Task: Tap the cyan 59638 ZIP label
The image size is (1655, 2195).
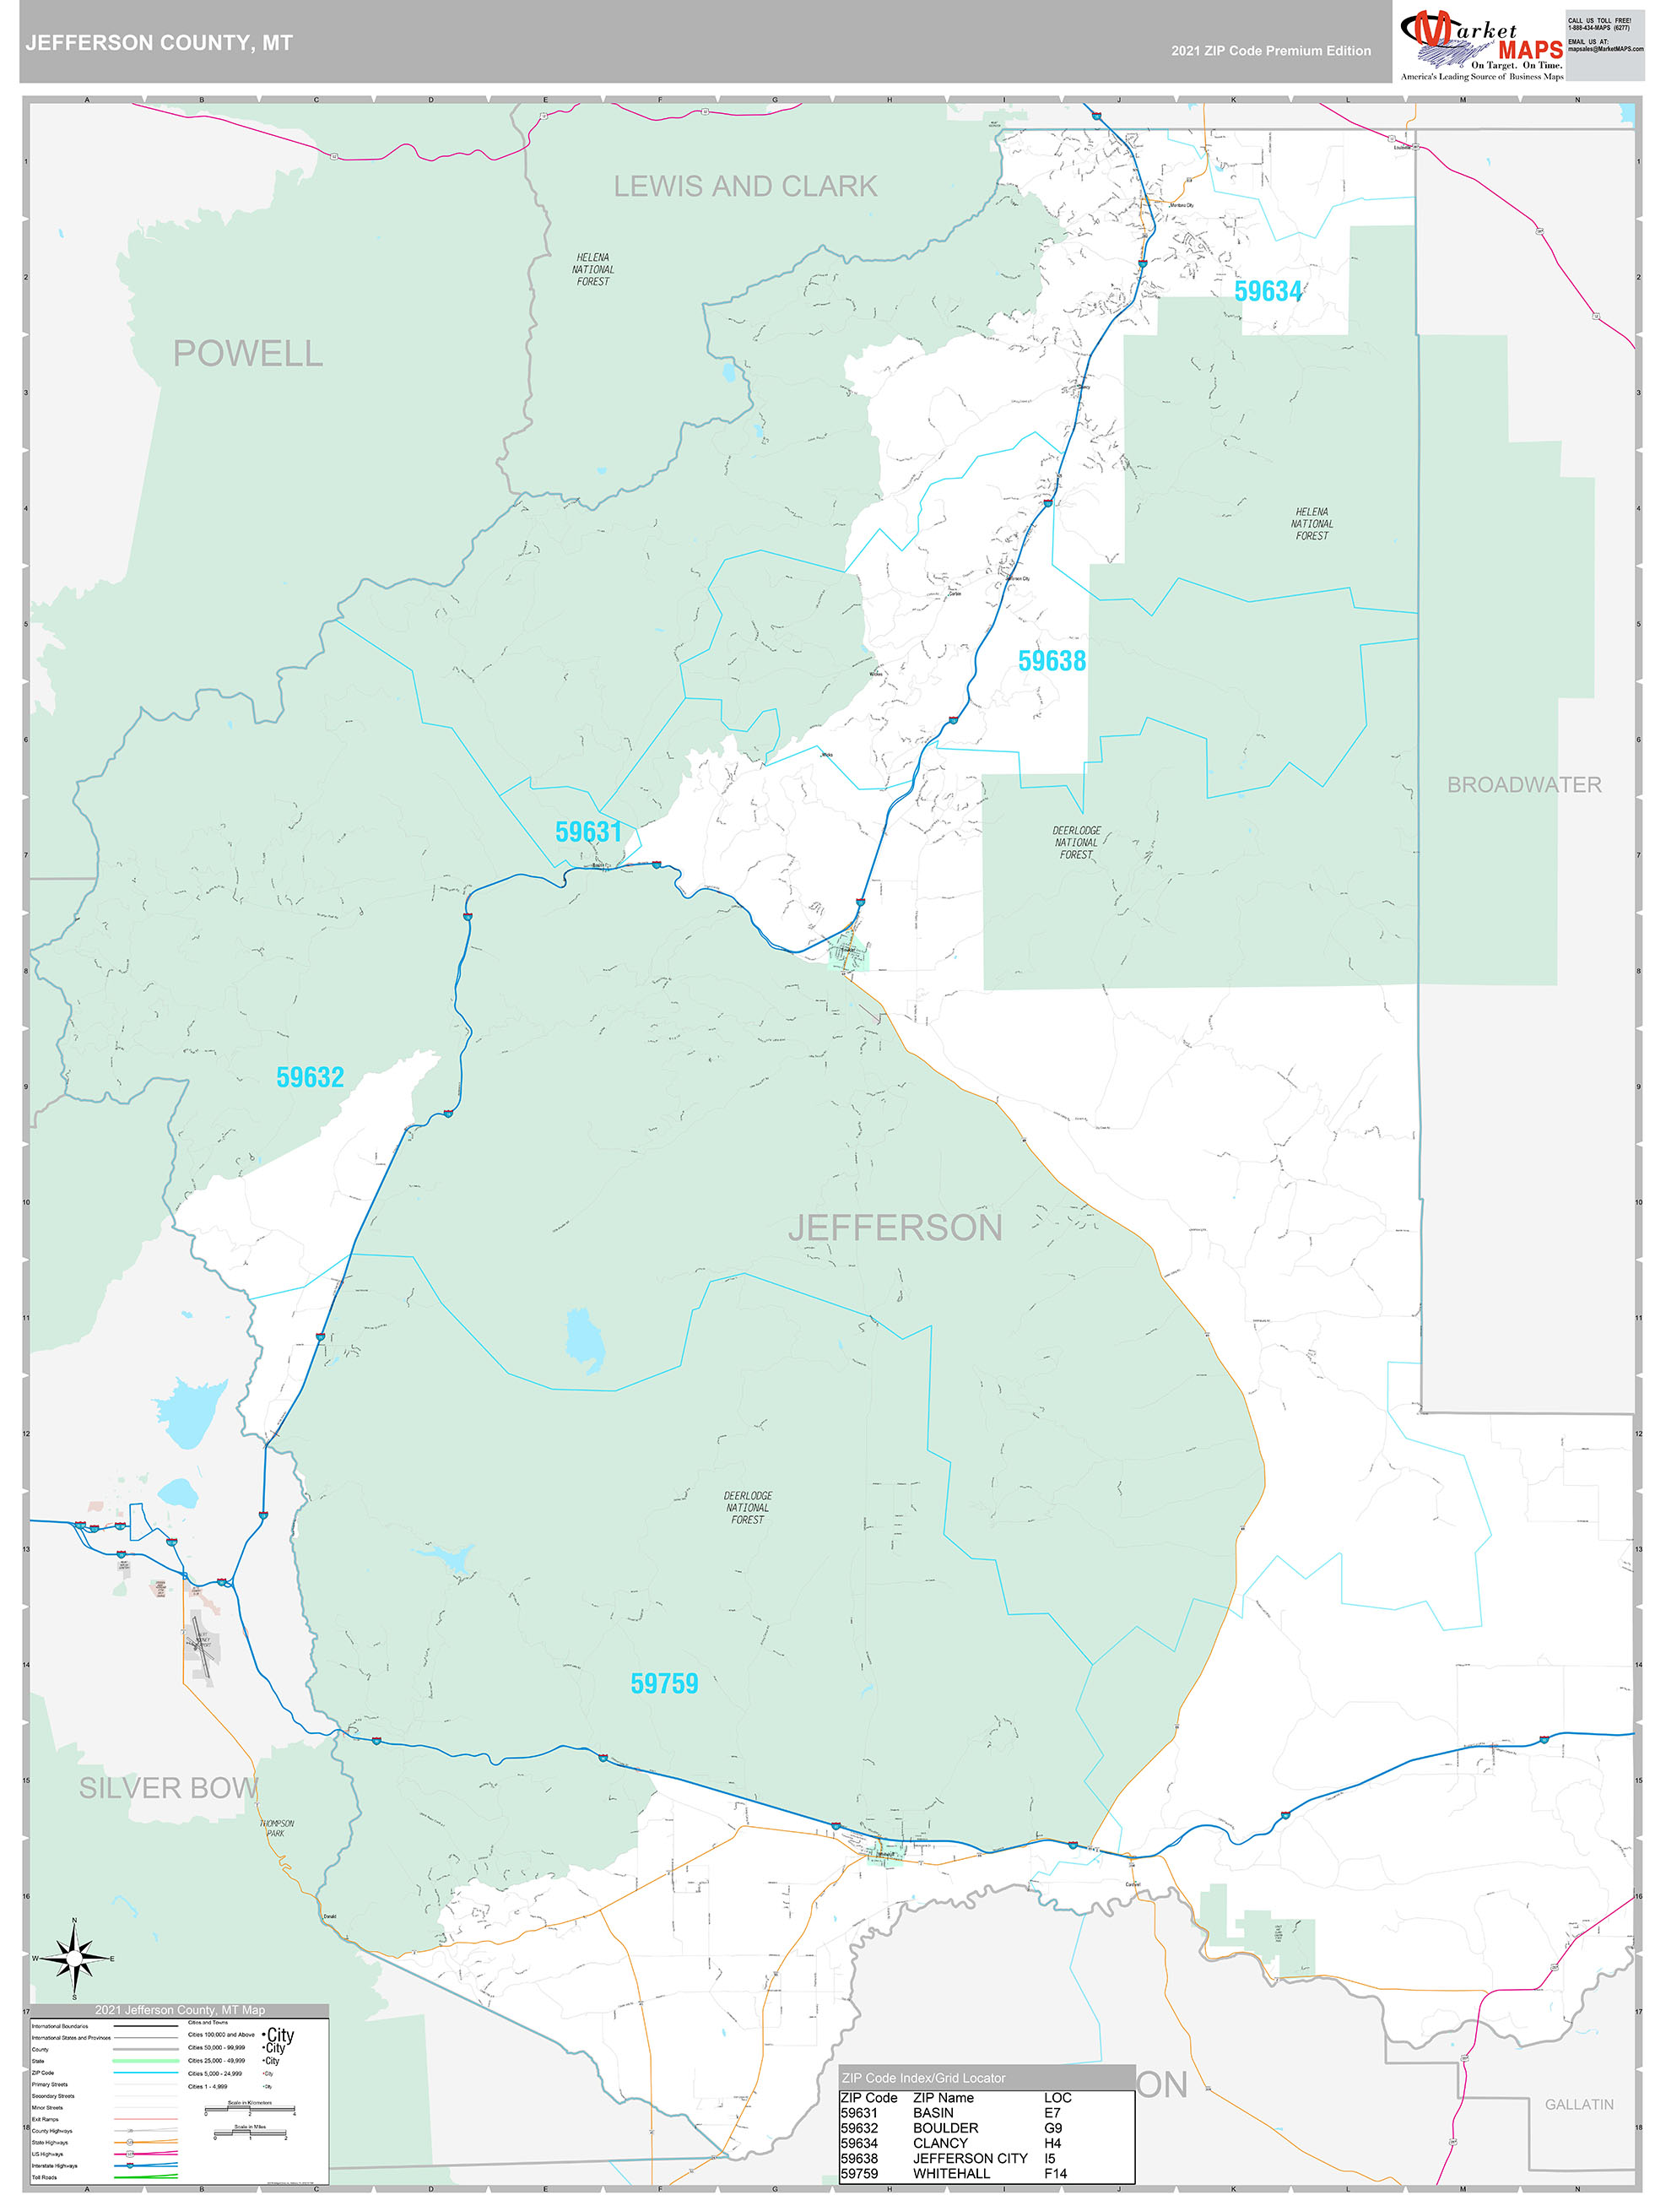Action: [1052, 661]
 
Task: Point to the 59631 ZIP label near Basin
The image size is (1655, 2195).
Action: [588, 832]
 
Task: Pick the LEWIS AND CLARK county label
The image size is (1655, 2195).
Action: [745, 187]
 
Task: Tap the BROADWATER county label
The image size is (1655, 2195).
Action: [1523, 785]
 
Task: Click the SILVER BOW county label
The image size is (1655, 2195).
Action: [169, 1787]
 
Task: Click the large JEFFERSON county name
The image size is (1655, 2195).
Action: [895, 1228]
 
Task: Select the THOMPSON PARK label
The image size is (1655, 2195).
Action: [277, 1828]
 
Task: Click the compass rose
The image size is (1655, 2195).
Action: [74, 1959]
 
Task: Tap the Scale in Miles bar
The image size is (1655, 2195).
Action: [249, 2133]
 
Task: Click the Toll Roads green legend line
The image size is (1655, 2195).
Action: [146, 2177]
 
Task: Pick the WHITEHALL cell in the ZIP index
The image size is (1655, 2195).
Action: [950, 2173]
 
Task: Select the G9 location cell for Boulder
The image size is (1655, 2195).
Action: [1052, 2127]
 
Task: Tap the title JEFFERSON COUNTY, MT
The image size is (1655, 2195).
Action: [159, 43]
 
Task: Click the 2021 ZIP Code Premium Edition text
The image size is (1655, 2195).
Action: [1270, 51]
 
